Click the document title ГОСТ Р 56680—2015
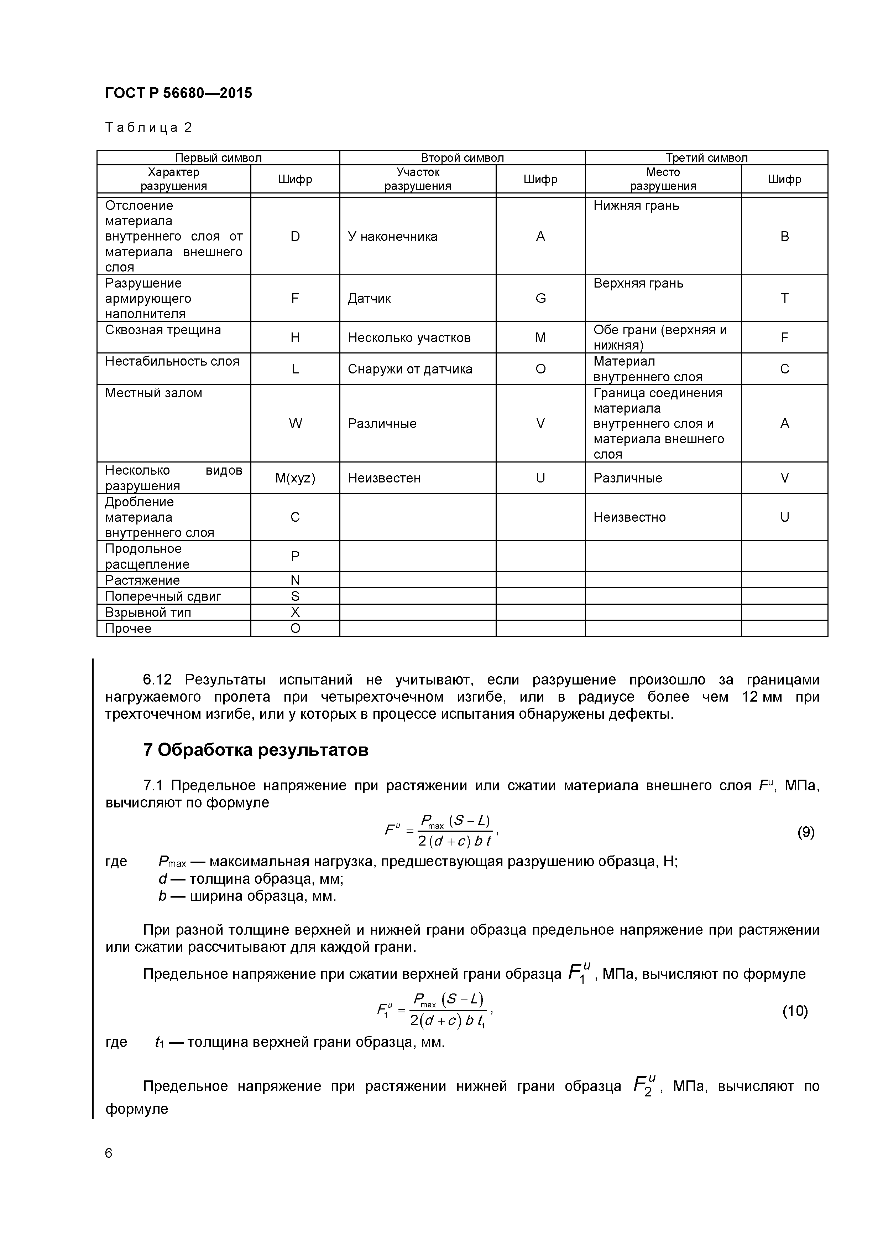coord(178,93)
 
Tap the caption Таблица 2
coord(148,128)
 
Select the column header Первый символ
coord(218,158)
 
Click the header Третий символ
coord(706,158)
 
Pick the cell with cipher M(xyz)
coord(295,478)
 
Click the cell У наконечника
coord(392,236)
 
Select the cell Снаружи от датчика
coord(410,369)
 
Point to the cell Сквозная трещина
coord(163,330)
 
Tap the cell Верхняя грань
coord(638,283)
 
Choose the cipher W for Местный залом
coord(295,424)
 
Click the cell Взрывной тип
coord(148,613)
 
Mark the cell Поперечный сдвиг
coord(163,596)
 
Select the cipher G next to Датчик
coord(540,298)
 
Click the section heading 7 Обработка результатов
coord(256,750)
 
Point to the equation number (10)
coord(795,1011)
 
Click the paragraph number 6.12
coord(157,680)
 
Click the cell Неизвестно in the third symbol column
coord(629,517)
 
